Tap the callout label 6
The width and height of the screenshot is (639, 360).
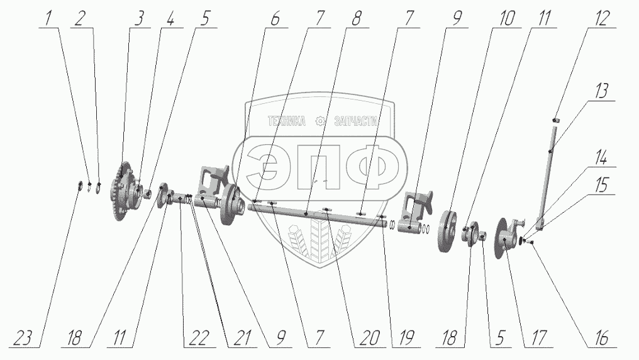coord(275,19)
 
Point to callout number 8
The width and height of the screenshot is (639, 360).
coord(357,19)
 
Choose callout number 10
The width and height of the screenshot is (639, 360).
coord(507,19)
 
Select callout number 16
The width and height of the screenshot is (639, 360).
coord(601,339)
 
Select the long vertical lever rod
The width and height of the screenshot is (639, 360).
coord(552,176)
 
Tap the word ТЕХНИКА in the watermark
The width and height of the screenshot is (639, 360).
coord(286,121)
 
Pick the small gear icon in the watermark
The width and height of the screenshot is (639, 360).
coord(321,121)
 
